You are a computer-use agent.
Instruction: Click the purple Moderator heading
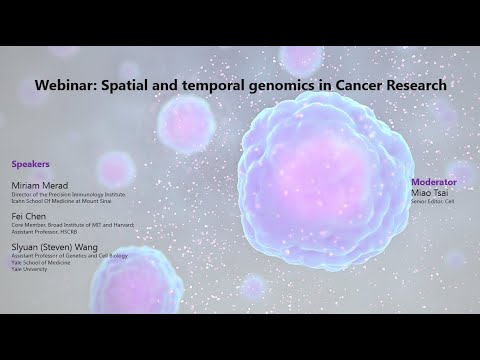click(x=433, y=182)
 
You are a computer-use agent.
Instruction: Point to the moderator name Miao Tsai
click(x=430, y=192)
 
